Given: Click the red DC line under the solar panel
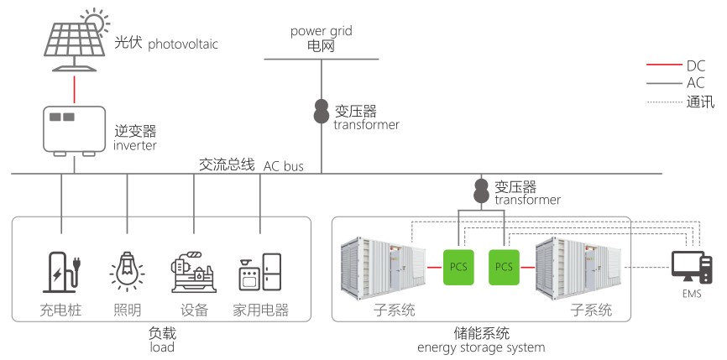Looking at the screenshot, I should pos(74,87).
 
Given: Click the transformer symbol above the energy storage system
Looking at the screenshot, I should pos(482,190).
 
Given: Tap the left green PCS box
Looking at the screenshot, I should pos(458,267).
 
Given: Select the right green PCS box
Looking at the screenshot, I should pos(504,267).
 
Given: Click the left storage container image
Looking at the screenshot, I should pos(383,267).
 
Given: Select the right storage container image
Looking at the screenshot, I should pos(579,267).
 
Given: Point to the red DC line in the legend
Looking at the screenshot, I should pos(662,65).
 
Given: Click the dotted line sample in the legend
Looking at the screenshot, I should pos(662,102).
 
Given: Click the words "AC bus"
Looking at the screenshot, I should pos(284,165).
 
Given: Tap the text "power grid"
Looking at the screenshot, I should pos(322,31).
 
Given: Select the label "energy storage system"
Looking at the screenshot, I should pos(481,347).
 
